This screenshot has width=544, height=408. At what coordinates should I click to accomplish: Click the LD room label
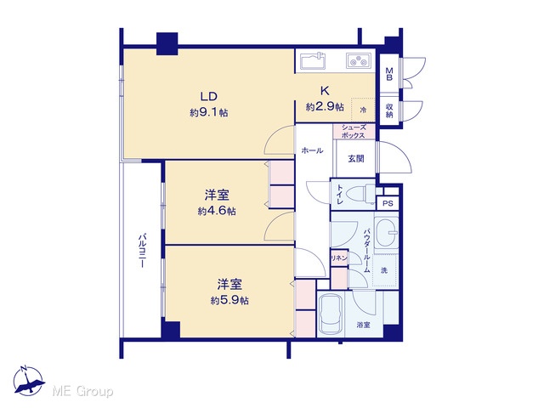point(209,95)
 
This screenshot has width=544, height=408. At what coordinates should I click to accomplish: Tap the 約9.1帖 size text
point(209,112)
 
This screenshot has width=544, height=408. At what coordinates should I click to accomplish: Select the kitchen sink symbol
point(313,61)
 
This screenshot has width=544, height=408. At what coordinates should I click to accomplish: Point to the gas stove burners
point(359,60)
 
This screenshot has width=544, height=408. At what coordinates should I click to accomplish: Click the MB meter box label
point(389,74)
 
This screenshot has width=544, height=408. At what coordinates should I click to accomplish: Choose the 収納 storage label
point(389,110)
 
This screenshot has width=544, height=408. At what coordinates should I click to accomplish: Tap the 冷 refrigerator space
point(363,110)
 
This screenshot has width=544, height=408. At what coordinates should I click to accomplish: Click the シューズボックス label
point(354,132)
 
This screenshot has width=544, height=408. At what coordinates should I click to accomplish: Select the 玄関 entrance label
point(356,159)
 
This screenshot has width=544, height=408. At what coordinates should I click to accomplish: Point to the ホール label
point(312,150)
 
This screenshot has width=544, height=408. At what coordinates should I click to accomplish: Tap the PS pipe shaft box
point(388,203)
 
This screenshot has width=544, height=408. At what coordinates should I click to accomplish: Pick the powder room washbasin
point(386,231)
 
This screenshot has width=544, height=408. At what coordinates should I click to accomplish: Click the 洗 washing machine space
point(385,270)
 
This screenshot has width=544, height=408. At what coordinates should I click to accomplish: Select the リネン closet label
point(338,258)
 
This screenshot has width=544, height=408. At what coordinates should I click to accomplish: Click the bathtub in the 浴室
point(331,314)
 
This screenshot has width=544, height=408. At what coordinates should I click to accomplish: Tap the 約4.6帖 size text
point(217,211)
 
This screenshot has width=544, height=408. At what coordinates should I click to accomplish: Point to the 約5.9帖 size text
point(229,300)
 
